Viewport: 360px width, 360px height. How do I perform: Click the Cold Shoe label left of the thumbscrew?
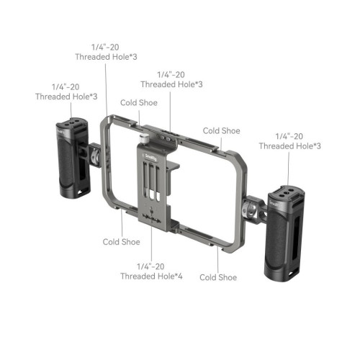coord(138,103)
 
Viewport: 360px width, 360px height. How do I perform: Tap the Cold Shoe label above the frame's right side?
coord(221,130)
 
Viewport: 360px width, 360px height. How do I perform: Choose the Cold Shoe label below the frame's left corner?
coord(121,242)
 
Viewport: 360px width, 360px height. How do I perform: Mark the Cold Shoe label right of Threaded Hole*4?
coord(218,277)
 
